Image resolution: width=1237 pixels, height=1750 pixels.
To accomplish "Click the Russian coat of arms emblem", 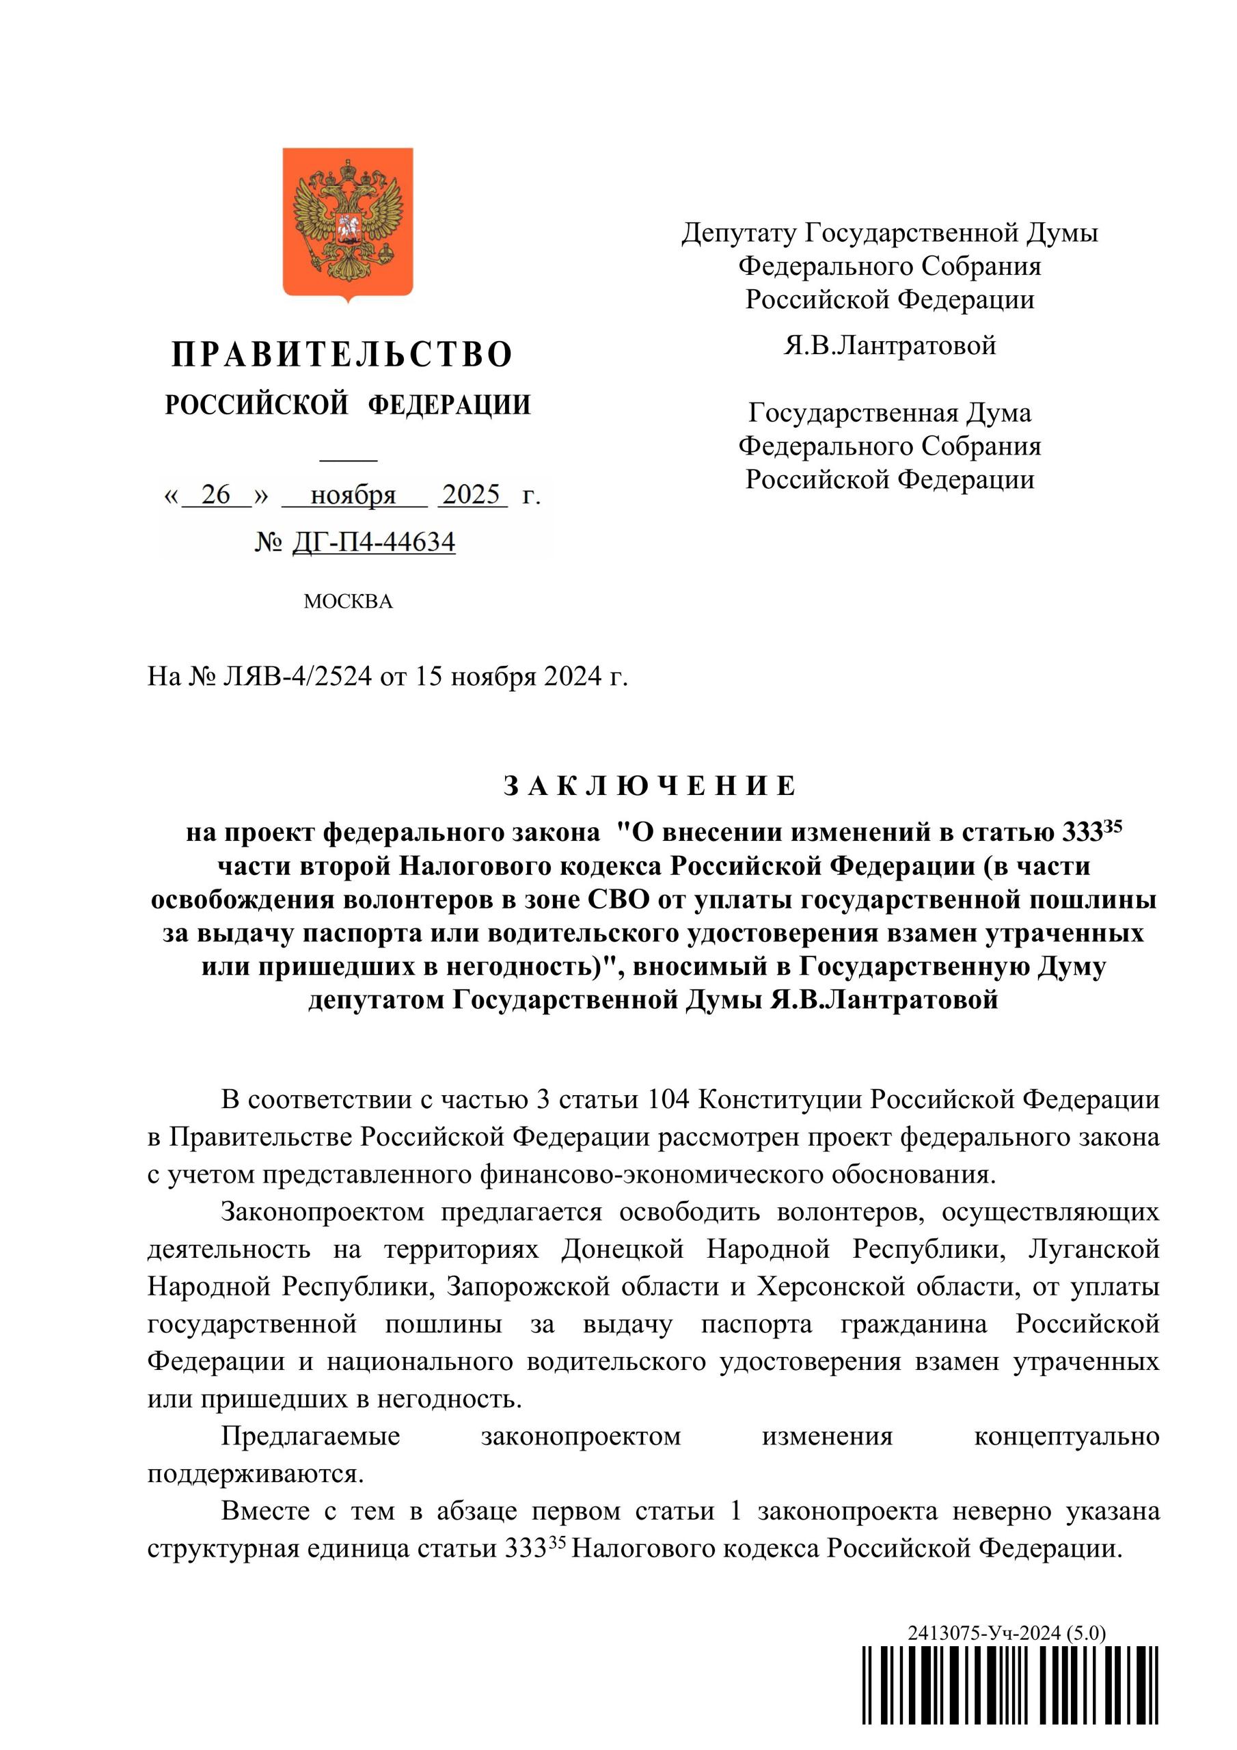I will pyautogui.click(x=348, y=224).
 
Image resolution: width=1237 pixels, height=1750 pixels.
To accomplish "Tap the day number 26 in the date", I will pyautogui.click(x=216, y=495).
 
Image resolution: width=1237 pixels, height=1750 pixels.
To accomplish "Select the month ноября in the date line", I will pyautogui.click(x=353, y=496).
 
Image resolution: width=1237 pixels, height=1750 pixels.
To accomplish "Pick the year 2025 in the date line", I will pyautogui.click(x=471, y=495).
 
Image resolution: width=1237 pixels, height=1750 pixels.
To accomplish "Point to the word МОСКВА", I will pyautogui.click(x=348, y=602).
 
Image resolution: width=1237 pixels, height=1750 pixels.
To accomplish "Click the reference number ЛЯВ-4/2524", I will pyautogui.click(x=297, y=676).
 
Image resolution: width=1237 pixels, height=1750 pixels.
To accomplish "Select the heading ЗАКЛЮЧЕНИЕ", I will pyautogui.click(x=650, y=786).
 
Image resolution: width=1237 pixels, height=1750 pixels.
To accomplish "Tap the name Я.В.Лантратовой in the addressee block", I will pyautogui.click(x=889, y=345).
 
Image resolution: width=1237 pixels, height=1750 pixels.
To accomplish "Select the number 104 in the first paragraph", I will pyautogui.click(x=668, y=1100).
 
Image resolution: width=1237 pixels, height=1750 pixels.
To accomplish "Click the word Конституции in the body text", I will pyautogui.click(x=780, y=1100).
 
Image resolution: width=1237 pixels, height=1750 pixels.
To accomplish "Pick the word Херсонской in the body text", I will pyautogui.click(x=830, y=1287).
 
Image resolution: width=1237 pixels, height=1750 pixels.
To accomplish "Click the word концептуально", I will pyautogui.click(x=1066, y=1437).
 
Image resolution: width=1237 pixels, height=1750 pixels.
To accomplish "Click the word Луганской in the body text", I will pyautogui.click(x=1093, y=1250).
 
